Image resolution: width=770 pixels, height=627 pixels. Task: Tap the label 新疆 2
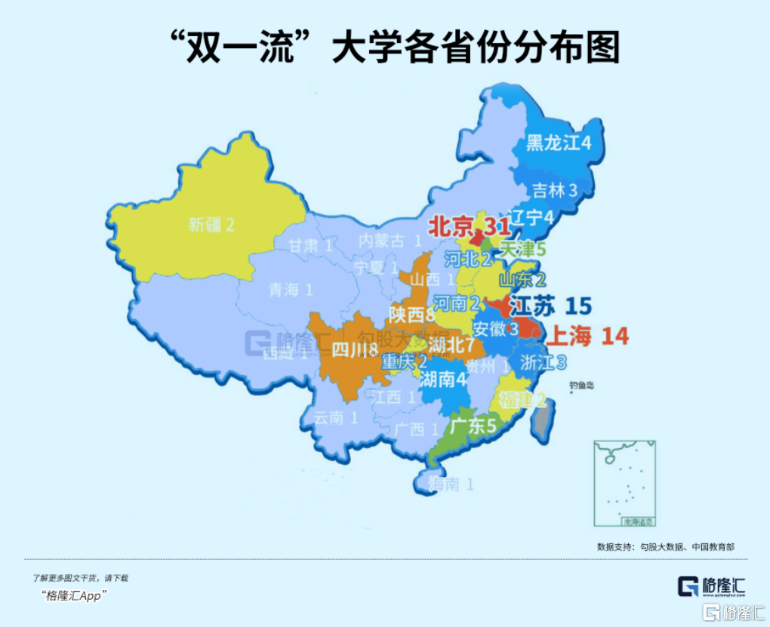[211, 224]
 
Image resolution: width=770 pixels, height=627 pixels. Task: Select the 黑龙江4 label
[559, 143]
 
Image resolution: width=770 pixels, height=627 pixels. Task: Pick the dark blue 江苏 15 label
[551, 306]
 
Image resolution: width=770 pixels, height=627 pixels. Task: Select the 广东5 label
[473, 426]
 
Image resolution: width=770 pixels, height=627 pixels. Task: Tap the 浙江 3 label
[543, 361]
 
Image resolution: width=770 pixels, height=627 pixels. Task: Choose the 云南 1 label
[335, 417]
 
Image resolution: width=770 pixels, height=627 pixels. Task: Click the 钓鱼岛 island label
[581, 386]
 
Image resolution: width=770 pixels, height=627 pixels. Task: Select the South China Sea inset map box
[625, 483]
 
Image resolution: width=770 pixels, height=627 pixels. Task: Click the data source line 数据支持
[665, 546]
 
